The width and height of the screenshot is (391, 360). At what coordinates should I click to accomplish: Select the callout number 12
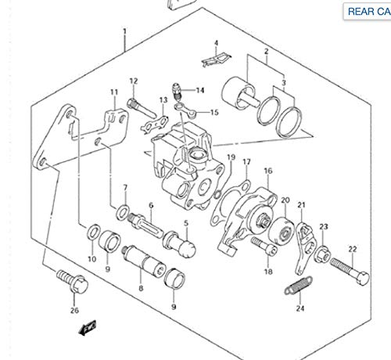click(x=134, y=81)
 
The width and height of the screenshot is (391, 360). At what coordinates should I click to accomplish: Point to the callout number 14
click(x=199, y=90)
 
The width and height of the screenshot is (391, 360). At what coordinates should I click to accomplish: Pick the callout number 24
click(x=300, y=308)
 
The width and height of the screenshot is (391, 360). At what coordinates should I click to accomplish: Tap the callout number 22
click(x=353, y=249)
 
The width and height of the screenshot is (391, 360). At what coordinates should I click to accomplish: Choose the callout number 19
click(x=231, y=158)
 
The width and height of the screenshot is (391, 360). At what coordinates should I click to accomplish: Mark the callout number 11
click(x=114, y=92)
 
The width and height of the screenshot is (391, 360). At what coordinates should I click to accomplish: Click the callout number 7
click(x=124, y=187)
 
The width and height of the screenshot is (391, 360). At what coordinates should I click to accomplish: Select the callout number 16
click(x=267, y=171)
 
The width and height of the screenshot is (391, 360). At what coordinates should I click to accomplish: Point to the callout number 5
click(x=186, y=223)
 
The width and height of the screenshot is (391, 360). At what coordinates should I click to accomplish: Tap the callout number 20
click(x=285, y=200)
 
